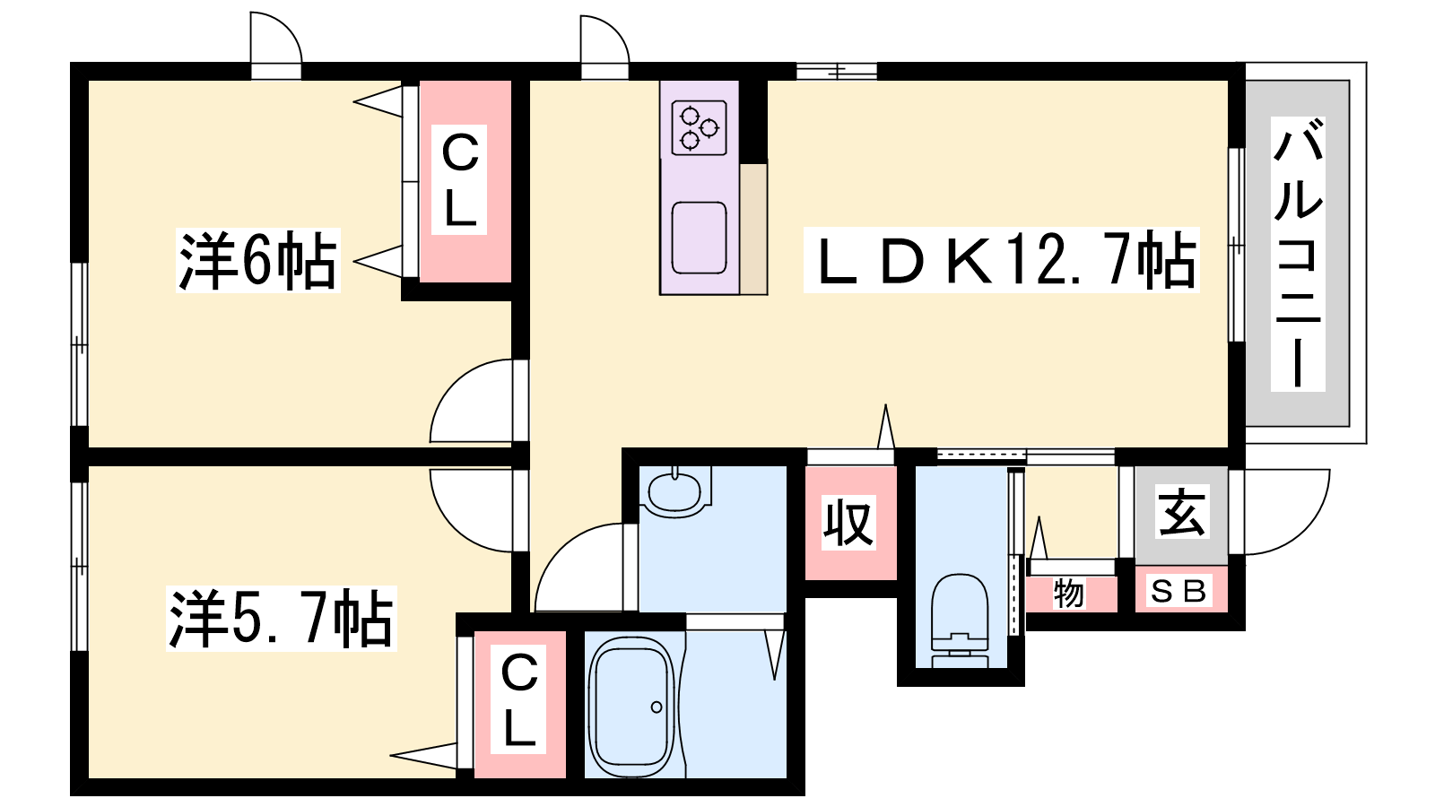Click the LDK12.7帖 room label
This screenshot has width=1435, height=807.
pos(1001,260)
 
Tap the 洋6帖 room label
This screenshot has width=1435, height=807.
pos(257,260)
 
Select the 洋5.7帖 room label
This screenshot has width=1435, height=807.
pos(281,619)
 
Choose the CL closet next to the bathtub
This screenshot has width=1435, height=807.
pos(519,701)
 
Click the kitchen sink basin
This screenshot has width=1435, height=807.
pos(699,238)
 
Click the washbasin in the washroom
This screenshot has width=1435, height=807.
pos(674,490)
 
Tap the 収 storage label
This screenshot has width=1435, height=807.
pos(848,522)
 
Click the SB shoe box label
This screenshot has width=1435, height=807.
pos(1178,592)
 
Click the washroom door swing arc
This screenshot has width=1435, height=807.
pos(578,569)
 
